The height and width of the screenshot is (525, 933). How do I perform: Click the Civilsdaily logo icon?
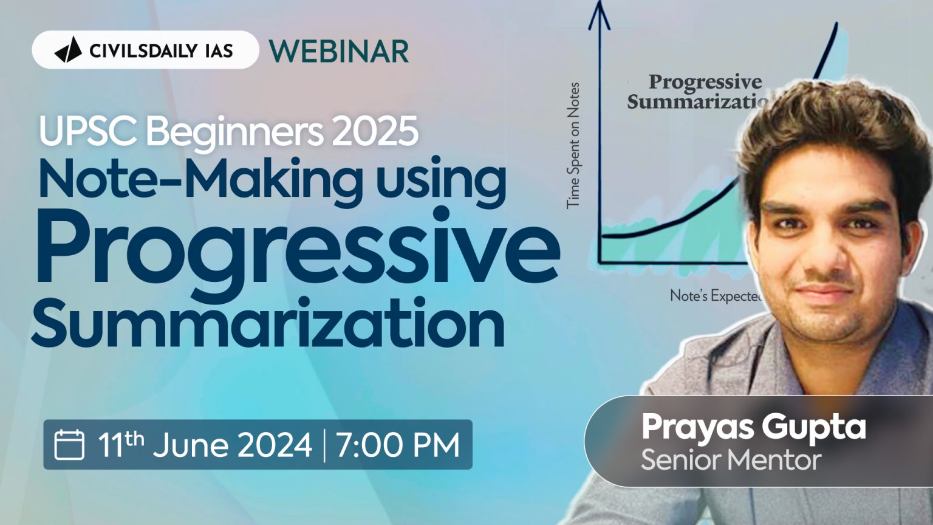[x=68, y=50]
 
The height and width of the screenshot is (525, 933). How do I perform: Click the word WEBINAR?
[x=339, y=51]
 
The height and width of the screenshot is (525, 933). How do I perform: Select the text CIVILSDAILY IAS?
[x=161, y=50]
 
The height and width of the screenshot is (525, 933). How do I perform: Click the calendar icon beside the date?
[x=69, y=444]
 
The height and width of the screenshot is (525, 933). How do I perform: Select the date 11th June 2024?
[x=205, y=444]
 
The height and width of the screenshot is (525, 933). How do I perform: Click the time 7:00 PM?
[x=398, y=444]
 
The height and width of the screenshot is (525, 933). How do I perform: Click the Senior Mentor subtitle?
[x=731, y=460]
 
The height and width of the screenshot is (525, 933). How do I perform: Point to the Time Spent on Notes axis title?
[x=573, y=146]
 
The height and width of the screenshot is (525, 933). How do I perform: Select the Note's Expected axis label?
[x=715, y=296]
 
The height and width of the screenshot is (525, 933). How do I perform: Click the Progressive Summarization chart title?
[x=699, y=91]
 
